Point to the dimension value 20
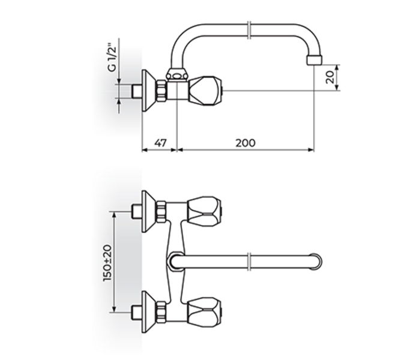tap(330, 76)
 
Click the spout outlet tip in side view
tap(313, 61)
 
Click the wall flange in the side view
tap(148, 91)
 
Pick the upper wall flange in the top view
tap(148, 209)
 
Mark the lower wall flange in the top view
tap(148, 311)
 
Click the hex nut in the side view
tap(163, 91)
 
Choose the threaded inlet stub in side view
tap(136, 91)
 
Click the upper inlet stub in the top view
tap(136, 209)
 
